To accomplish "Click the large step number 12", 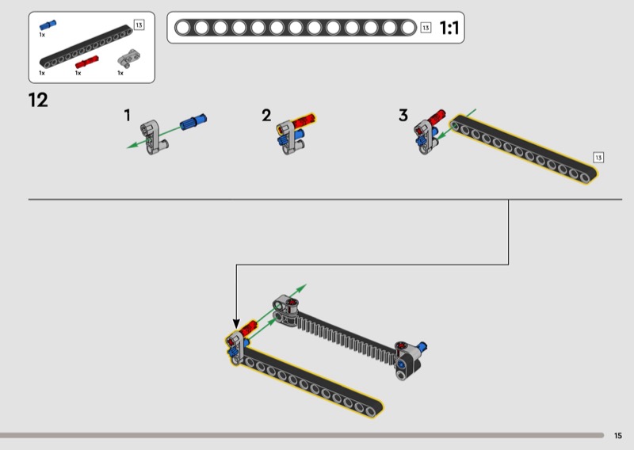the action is (38, 100).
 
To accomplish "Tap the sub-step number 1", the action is (128, 115).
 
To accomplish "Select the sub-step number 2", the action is (266, 115).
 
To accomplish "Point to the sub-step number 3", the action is (403, 115).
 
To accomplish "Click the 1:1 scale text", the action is (449, 28).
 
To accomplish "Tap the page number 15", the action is (618, 436).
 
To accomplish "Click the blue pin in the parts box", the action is (48, 25).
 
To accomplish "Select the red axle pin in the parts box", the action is (87, 62).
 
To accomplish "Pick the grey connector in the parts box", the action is (128, 58).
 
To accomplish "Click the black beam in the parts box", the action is (86, 47).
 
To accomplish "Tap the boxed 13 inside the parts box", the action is (139, 25).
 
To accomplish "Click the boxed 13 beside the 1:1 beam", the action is (426, 28).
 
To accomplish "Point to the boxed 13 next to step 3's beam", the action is (598, 158).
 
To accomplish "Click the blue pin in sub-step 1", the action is (193, 121).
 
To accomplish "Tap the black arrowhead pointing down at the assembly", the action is (236, 323).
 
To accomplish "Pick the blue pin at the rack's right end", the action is (423, 346).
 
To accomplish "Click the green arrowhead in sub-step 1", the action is (132, 145).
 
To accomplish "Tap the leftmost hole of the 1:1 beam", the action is (183, 28).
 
